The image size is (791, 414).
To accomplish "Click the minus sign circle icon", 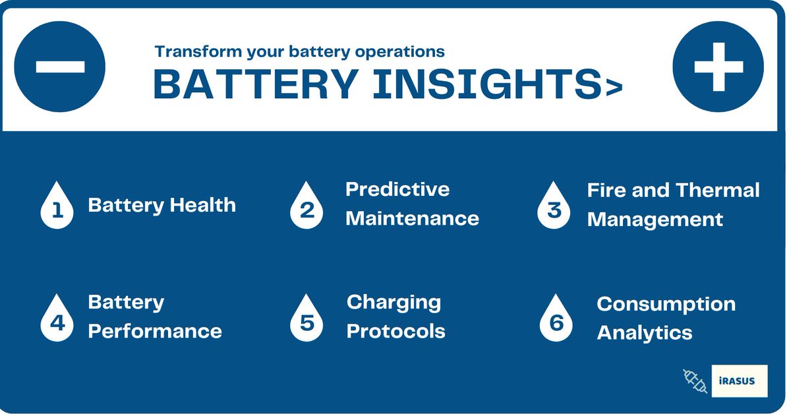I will tap(60, 67).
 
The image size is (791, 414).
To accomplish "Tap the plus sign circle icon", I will tap(718, 67).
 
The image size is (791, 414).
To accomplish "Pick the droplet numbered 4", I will tap(57, 320).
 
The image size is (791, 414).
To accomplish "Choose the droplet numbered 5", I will tap(307, 320).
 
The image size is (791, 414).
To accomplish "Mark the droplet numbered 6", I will tap(556, 320).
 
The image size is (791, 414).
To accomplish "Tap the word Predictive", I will tap(397, 189).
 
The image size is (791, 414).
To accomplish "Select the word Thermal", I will tap(719, 191).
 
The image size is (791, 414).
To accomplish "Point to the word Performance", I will tap(155, 331).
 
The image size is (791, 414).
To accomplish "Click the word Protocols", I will tap(395, 331).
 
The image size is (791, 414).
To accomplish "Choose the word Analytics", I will tap(644, 333).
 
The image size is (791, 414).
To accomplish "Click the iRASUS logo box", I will tap(740, 381).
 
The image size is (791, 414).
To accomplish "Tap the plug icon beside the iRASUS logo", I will tap(695, 382).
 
